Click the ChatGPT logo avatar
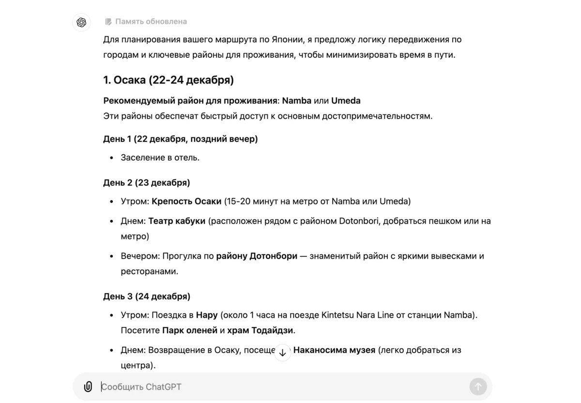click(81, 22)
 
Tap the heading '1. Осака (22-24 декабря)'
click(168, 80)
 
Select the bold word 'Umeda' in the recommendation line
click(346, 101)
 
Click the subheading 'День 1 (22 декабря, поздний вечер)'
click(180, 139)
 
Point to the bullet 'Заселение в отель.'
click(160, 157)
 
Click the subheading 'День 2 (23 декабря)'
click(146, 183)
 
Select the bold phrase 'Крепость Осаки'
click(186, 201)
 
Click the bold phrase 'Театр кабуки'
click(177, 221)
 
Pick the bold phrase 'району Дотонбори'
click(257, 256)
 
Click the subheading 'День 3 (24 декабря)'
click(146, 296)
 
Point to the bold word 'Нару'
click(207, 315)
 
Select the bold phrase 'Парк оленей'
click(190, 330)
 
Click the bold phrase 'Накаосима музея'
click(334, 350)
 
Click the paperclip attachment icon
click(88, 387)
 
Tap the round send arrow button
click(478, 387)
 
